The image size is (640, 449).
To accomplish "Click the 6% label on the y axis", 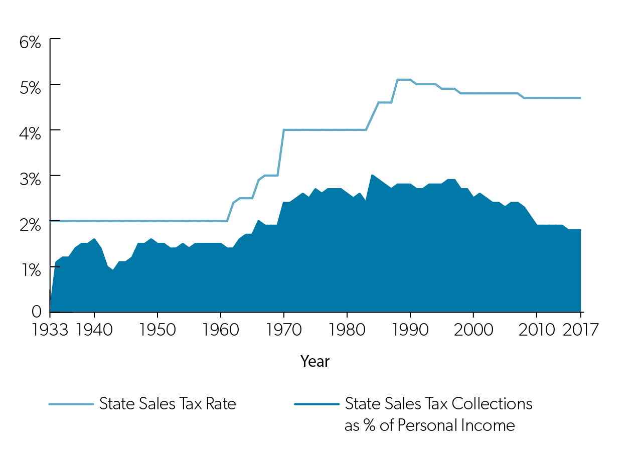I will tap(30, 42).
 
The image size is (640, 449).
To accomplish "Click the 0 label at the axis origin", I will tap(36, 312).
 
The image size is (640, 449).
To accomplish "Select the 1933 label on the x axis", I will tap(50, 330).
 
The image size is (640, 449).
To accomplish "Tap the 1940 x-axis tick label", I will tap(94, 330).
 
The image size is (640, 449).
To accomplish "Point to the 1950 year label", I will tap(157, 330).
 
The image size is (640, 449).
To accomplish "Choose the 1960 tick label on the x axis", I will tap(221, 330).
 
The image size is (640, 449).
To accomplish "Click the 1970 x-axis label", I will tap(284, 330).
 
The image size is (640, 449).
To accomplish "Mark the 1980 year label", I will tap(347, 330).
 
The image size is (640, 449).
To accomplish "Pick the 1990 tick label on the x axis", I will tap(410, 330).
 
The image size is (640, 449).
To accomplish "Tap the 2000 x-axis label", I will tap(473, 330).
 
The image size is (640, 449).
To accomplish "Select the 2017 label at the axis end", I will tap(580, 330).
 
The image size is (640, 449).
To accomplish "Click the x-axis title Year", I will tap(315, 361).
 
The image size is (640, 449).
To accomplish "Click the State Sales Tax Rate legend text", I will tap(168, 404).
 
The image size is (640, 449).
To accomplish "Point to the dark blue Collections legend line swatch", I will tap(316, 404).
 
